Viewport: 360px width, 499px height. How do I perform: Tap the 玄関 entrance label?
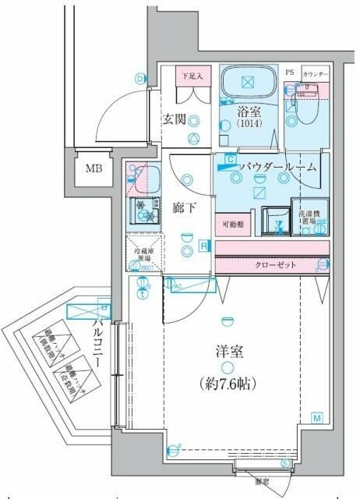(x=173, y=119)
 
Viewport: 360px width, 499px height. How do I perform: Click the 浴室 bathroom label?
(x=249, y=111)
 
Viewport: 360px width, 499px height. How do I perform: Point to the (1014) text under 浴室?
(x=249, y=123)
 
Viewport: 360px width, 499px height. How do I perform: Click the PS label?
(x=290, y=73)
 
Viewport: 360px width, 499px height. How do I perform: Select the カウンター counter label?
(x=316, y=73)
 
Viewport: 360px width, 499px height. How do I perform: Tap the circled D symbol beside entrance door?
(x=140, y=78)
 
